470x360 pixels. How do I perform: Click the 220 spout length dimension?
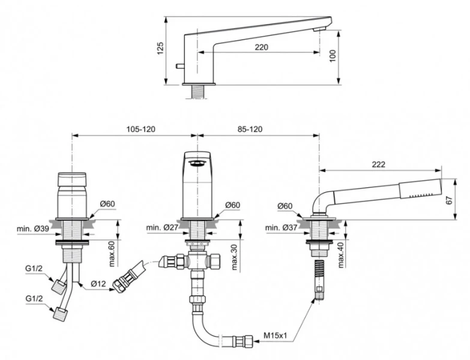(261, 46)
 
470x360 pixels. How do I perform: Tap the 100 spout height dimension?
(332, 55)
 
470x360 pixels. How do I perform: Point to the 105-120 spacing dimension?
(142, 129)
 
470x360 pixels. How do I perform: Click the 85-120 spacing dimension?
(249, 129)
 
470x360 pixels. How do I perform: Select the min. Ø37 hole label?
(280, 228)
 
